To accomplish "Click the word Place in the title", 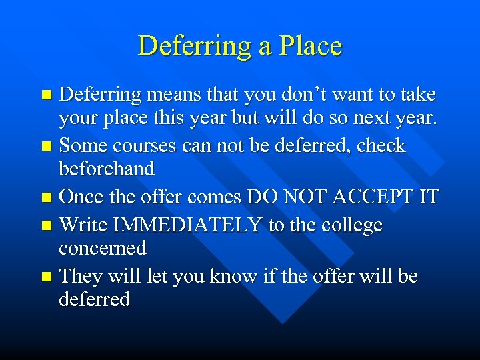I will (x=311, y=45).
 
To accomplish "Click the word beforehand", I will (x=107, y=169).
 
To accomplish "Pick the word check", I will (x=381, y=146).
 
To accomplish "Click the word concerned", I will (x=103, y=248).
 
